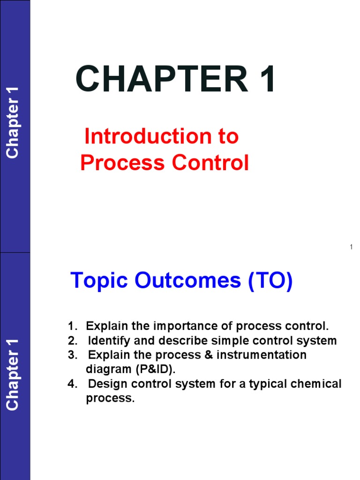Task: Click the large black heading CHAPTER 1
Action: [x=176, y=80]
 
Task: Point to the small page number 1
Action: [x=351, y=247]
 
